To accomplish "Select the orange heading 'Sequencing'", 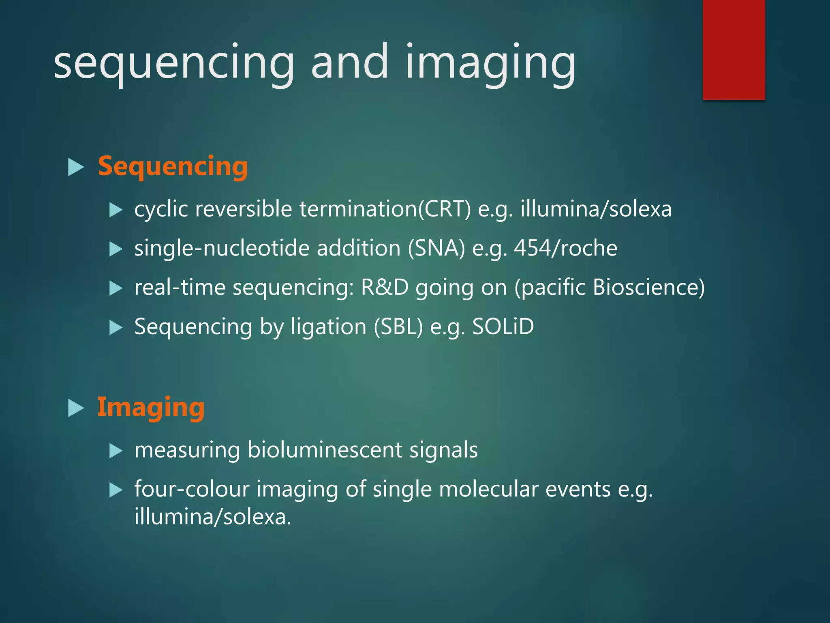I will click(173, 167).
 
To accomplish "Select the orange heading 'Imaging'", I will click(151, 407).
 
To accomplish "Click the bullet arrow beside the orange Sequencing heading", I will click(76, 167).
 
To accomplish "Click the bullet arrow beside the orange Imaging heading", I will click(76, 408).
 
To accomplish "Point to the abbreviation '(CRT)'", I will click(444, 209).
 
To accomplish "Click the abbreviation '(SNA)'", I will click(436, 248).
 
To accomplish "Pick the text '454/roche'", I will click(565, 248).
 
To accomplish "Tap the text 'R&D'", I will click(384, 287).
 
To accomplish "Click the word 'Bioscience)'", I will click(648, 287).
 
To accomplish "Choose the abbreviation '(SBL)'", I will click(398, 327).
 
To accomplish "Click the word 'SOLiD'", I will click(503, 327).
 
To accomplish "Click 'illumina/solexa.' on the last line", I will click(212, 517).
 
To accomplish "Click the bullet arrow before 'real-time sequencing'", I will click(116, 288).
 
